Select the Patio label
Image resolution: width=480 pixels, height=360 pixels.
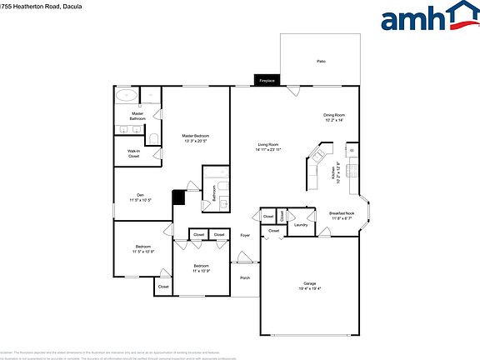(320, 62)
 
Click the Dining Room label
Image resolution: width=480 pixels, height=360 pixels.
(334, 117)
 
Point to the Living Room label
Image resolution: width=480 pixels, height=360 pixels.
(268, 147)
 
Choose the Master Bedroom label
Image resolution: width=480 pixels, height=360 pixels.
(195, 138)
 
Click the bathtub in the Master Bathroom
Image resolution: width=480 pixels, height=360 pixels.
(127, 94)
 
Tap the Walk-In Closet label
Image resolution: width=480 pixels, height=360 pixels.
(133, 153)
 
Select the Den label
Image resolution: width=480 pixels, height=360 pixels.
(140, 197)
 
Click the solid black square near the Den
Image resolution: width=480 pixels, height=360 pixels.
(177, 197)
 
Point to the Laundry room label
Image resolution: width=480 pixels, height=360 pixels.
(301, 224)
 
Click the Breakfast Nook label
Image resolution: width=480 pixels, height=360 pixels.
(342, 215)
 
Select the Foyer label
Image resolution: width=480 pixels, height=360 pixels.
(245, 235)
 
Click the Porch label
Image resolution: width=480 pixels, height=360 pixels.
(245, 277)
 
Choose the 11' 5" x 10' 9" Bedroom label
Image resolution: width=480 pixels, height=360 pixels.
(143, 248)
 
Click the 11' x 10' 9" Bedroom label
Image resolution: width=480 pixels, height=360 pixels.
(200, 268)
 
